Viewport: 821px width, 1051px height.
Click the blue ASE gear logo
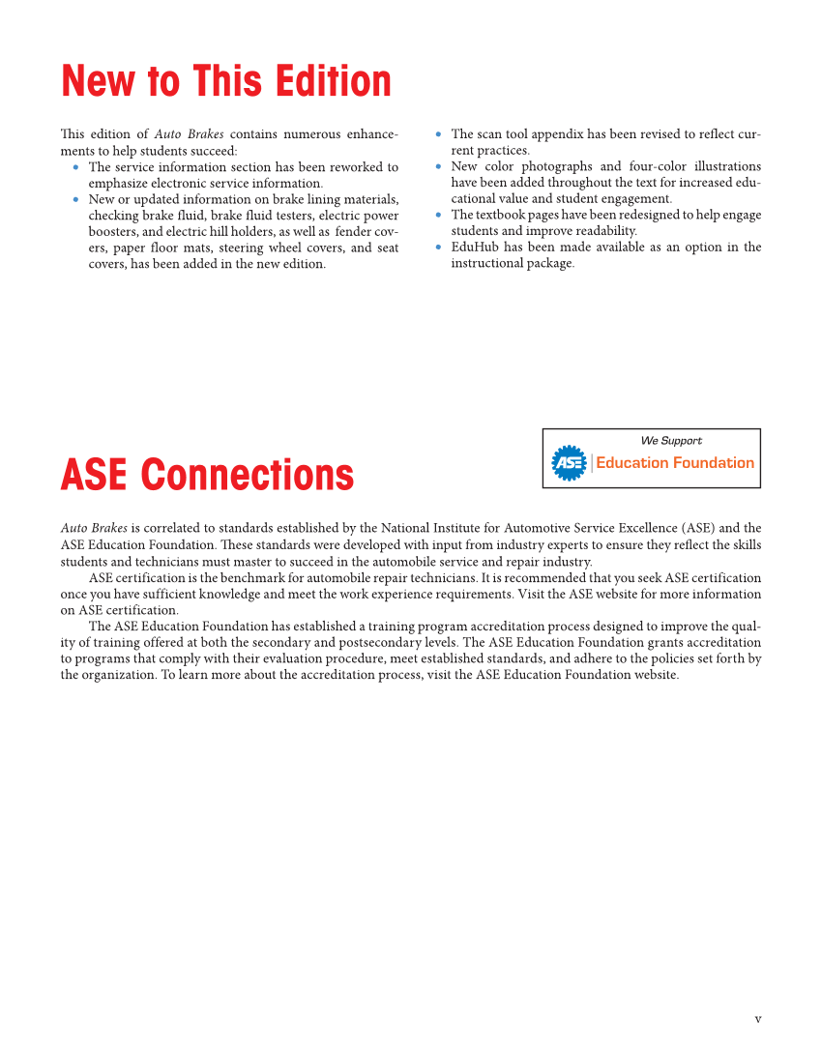pos(569,463)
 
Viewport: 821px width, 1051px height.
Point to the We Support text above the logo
pos(671,441)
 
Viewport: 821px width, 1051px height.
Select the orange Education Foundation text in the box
pos(675,463)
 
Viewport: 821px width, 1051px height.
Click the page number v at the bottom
pos(757,1018)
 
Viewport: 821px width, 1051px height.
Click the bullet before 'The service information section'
pos(76,167)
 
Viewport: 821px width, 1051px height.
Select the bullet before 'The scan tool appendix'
pos(439,135)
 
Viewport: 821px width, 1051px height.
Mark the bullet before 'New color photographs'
pos(439,167)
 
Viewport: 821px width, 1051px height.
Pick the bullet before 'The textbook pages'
pos(439,215)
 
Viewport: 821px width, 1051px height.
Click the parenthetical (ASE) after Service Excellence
pos(698,528)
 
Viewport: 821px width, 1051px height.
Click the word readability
pos(604,231)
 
